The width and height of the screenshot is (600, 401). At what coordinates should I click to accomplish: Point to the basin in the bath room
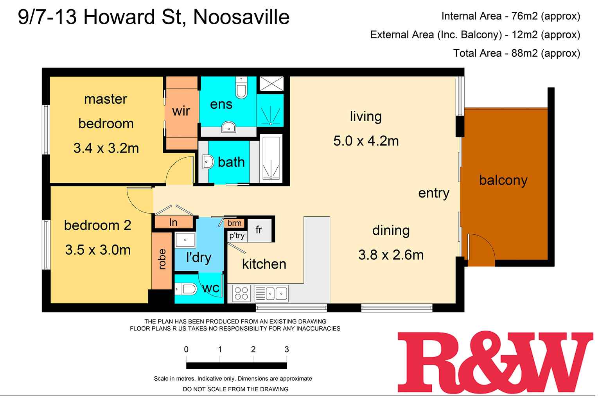pyautogui.click(x=208, y=162)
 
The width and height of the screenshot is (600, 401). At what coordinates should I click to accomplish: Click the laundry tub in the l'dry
pyautogui.click(x=185, y=239)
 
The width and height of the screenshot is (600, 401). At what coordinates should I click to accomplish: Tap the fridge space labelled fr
pyautogui.click(x=259, y=230)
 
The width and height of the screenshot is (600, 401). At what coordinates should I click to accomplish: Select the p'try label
pyautogui.click(x=237, y=236)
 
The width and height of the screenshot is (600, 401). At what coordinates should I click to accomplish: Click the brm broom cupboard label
pyautogui.click(x=234, y=223)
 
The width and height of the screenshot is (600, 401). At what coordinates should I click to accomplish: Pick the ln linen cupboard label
pyautogui.click(x=173, y=223)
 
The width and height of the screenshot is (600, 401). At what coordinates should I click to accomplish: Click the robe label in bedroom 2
pyautogui.click(x=162, y=259)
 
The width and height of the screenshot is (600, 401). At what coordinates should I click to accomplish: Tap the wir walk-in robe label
pyautogui.click(x=181, y=111)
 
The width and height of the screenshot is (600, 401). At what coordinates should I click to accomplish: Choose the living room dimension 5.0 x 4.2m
pyautogui.click(x=366, y=141)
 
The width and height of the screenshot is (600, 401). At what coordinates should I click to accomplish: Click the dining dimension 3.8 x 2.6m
pyautogui.click(x=391, y=255)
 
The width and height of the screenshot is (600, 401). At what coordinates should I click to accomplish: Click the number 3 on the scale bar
pyautogui.click(x=287, y=349)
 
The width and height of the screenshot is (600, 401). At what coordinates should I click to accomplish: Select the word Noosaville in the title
pyautogui.click(x=241, y=18)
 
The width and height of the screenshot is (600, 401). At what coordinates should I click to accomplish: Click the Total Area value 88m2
pyautogui.click(x=524, y=53)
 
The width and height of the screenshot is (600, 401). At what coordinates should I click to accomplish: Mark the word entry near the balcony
pyautogui.click(x=433, y=193)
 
